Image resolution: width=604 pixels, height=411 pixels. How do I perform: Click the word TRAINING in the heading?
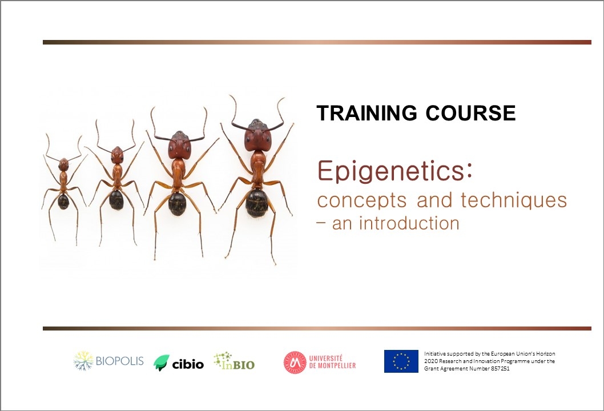(x=367, y=113)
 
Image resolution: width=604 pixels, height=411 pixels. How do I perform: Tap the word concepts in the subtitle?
(x=362, y=201)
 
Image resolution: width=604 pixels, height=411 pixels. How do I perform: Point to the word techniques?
(x=514, y=200)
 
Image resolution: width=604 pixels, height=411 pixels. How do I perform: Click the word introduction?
(x=409, y=223)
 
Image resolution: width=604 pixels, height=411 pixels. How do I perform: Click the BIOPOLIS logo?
(x=108, y=361)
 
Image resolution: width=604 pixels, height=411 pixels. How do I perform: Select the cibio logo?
(x=178, y=363)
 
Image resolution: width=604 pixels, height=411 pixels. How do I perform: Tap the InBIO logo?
(x=234, y=361)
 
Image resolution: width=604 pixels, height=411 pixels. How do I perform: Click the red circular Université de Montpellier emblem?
(x=295, y=362)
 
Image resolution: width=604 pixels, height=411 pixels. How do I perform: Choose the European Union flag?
(x=401, y=361)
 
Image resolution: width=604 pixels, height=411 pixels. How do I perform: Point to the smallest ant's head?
(x=63, y=164)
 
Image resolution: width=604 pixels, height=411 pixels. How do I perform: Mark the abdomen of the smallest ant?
(x=63, y=202)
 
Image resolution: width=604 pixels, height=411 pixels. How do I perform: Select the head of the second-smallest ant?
(x=116, y=155)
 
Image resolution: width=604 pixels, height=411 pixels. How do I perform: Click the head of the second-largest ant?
(x=179, y=145)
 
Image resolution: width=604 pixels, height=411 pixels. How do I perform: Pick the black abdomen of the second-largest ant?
(x=177, y=204)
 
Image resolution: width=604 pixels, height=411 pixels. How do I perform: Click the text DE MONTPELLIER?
(x=332, y=365)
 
